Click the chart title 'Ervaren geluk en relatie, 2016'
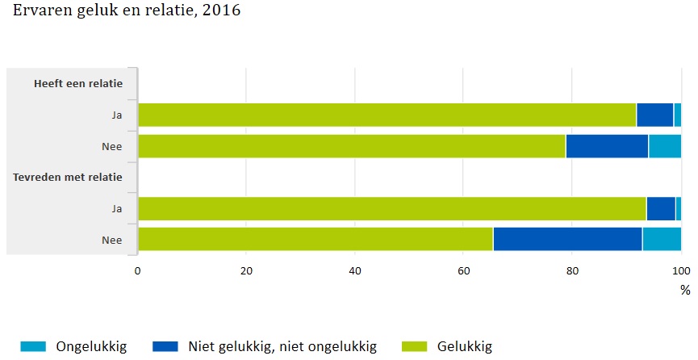coord(127,12)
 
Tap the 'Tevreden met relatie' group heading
coord(67,176)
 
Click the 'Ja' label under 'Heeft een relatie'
coord(116,115)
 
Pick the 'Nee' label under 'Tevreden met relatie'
coord(111,239)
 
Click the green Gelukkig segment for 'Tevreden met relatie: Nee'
coord(315,239)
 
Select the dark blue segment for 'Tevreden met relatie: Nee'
coord(567,239)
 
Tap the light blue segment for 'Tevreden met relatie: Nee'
coord(662,239)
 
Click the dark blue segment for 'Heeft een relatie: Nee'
coord(607,146)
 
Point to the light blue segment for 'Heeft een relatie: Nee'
coord(665,146)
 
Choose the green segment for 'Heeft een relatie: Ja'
coord(387,115)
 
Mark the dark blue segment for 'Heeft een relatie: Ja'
coord(654,115)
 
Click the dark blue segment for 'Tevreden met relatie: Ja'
coord(661,208)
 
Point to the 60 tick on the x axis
coord(463,270)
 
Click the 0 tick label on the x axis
coord(138,270)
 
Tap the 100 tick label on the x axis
coord(681,270)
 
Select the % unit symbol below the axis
coord(685,289)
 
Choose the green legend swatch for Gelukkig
coord(416,347)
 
